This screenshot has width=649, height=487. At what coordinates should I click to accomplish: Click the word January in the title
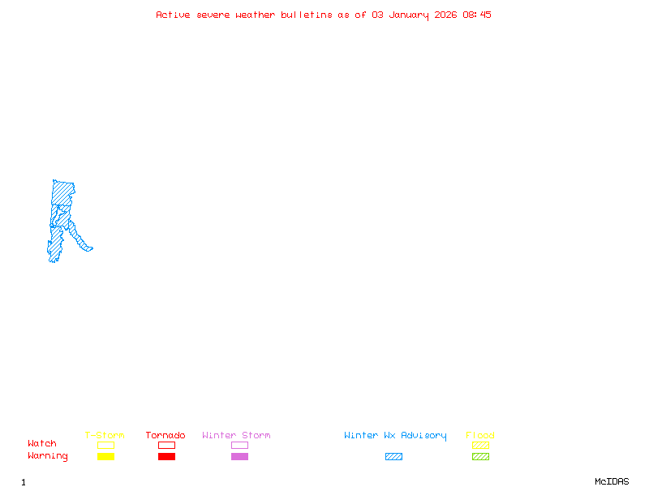(x=409, y=15)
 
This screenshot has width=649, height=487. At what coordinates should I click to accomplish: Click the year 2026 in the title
(x=445, y=15)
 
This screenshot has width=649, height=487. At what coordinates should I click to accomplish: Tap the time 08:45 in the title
(x=477, y=15)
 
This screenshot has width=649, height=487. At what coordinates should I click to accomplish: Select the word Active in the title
(x=173, y=15)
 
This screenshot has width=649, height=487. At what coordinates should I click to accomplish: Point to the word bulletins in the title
(x=307, y=15)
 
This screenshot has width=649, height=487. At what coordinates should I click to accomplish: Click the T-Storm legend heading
(x=105, y=435)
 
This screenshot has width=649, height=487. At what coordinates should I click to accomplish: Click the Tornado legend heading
(x=165, y=435)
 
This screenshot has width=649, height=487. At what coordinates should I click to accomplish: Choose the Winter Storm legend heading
(x=236, y=435)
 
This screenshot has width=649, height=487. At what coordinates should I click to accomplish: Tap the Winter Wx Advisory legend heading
(x=395, y=436)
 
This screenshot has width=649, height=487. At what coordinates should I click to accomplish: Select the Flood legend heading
(x=480, y=435)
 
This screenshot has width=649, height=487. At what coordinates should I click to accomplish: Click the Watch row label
(x=42, y=443)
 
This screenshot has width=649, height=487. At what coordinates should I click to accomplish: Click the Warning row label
(x=48, y=456)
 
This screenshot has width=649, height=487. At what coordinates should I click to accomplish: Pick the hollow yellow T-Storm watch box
(x=106, y=445)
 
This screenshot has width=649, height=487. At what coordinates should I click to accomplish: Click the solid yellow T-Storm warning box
(x=106, y=456)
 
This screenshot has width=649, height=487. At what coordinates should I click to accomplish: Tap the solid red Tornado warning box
(x=167, y=456)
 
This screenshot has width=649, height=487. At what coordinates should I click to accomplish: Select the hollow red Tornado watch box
(x=167, y=445)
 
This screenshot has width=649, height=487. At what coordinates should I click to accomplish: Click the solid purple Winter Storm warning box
(x=239, y=456)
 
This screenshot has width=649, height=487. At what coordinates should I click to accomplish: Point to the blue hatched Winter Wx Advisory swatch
(x=393, y=456)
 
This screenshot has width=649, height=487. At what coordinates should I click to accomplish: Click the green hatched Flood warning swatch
(x=480, y=456)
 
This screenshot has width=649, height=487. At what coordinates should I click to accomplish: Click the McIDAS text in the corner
(x=612, y=481)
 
